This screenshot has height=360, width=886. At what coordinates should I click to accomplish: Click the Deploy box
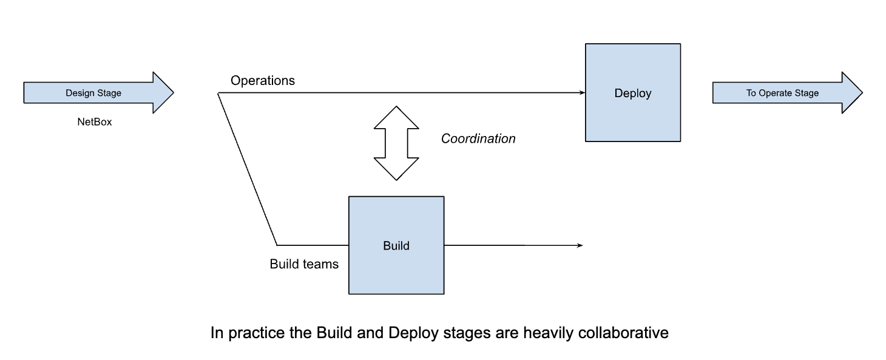click(632, 93)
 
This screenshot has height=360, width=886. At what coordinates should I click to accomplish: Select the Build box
click(396, 245)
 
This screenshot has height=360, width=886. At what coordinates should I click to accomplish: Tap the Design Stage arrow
click(93, 93)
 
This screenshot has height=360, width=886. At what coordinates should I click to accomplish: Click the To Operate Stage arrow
click(782, 93)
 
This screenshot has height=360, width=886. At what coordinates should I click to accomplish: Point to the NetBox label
click(95, 122)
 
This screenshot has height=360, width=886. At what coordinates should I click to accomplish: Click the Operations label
click(262, 81)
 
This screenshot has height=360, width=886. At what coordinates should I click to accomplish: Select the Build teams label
click(304, 265)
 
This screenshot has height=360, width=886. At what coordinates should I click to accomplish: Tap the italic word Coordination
click(478, 139)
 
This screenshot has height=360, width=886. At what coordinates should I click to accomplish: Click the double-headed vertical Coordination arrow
click(396, 143)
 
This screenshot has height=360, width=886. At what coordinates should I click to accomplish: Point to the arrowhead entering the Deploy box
click(581, 93)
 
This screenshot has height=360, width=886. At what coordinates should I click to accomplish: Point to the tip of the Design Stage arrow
click(172, 93)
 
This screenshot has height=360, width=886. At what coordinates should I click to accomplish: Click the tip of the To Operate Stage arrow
click(861, 93)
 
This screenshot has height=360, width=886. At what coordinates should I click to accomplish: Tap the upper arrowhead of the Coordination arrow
click(396, 115)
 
